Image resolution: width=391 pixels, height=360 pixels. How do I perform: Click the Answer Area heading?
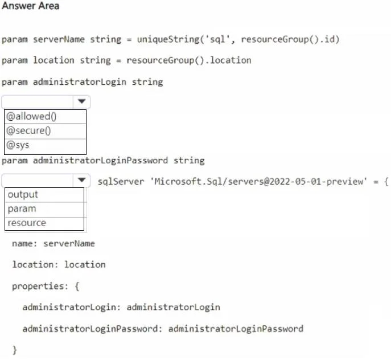tap(30, 6)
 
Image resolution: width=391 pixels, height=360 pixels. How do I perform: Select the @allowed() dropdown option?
tap(31, 117)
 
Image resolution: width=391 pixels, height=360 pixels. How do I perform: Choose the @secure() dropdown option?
tap(28, 131)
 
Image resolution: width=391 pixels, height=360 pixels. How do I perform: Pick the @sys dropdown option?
tap(18, 145)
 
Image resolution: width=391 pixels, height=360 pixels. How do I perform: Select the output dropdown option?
tap(23, 194)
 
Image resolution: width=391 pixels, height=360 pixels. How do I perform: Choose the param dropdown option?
tap(22, 208)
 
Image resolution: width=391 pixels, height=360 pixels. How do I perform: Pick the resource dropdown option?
tap(27, 223)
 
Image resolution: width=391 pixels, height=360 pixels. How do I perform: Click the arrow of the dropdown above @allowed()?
tap(81, 101)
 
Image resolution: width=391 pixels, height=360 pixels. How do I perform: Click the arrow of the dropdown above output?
tap(81, 180)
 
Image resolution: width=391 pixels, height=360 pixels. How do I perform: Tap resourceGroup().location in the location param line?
tap(189, 60)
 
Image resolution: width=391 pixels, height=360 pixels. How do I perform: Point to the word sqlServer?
tap(121, 182)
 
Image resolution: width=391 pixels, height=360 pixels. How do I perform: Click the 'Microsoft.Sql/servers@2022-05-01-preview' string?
tap(258, 182)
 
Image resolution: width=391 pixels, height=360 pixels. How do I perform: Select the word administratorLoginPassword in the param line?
tap(100, 161)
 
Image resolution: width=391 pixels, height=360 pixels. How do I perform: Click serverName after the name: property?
tap(69, 243)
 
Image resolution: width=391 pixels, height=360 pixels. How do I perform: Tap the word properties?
tap(40, 287)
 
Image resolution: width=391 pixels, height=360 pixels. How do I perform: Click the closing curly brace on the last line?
tap(15, 350)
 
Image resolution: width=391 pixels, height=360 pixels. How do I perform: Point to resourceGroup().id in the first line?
tap(290, 39)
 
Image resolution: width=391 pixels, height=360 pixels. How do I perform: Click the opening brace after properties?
tap(77, 287)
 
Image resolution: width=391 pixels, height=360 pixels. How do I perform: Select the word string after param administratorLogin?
tap(147, 82)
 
